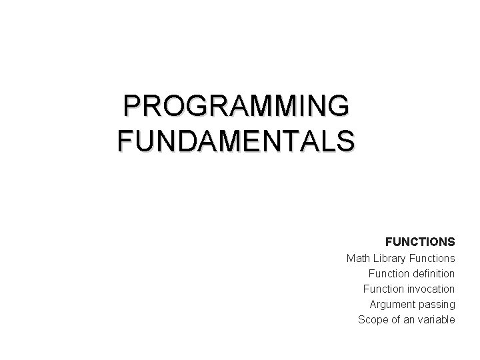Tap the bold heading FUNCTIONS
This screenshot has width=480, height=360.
420,241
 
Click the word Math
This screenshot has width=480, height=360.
359,257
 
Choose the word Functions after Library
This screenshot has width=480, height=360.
434,257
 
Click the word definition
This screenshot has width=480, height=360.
434,273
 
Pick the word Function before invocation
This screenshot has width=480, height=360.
384,289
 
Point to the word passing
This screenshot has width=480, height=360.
437,305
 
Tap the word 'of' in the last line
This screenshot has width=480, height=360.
395,319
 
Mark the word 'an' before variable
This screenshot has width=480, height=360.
409,319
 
